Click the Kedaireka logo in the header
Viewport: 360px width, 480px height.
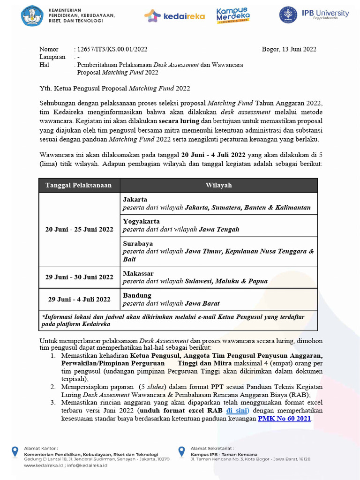point(174,16)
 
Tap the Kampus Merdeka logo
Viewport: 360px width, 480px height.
point(232,15)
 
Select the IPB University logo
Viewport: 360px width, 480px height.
point(314,15)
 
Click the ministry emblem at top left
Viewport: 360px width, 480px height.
point(32,15)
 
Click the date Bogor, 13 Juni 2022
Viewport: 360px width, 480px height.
point(289,49)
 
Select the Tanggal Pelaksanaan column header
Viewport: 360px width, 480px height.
point(79,185)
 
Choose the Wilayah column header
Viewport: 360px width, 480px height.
point(218,185)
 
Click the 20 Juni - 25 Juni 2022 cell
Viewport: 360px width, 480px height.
point(79,229)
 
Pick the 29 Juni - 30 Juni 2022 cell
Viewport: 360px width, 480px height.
point(79,277)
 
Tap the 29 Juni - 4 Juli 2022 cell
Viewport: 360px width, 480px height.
point(79,299)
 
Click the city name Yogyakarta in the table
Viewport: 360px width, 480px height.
point(141,221)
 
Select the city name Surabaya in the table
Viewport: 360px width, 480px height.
point(138,244)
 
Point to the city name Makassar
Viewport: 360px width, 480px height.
point(138,273)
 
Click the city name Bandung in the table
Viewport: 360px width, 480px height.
point(137,295)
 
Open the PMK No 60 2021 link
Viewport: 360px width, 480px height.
point(285,418)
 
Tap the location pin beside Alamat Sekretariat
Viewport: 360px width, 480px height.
point(182,451)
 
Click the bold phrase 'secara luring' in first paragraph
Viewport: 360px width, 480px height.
point(179,120)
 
